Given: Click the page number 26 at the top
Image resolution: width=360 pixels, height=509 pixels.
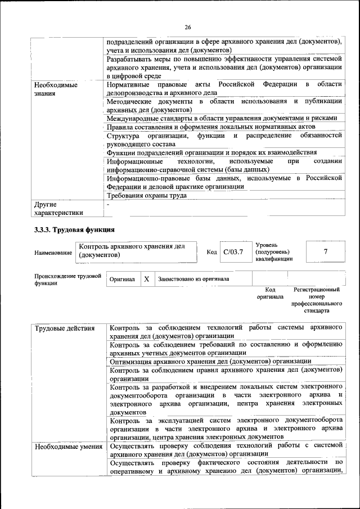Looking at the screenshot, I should [x=188, y=27].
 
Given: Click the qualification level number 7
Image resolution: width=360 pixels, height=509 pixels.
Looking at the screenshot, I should [x=325, y=251].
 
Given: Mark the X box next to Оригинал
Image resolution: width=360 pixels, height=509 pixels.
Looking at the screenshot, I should [x=146, y=279].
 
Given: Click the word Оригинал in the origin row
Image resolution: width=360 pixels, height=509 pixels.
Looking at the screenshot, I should [x=121, y=280].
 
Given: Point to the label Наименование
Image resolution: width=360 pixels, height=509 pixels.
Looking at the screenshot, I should [x=53, y=253].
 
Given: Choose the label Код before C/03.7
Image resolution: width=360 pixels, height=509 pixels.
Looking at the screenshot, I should [x=211, y=252].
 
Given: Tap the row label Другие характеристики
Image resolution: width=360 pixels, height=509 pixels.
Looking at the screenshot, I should [x=58, y=208].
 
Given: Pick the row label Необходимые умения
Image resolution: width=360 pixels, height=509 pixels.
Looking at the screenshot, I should [x=67, y=447].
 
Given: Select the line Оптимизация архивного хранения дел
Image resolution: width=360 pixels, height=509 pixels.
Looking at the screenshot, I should [x=210, y=361].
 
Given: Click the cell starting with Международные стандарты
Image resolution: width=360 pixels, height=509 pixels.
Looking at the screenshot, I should [x=222, y=118].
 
